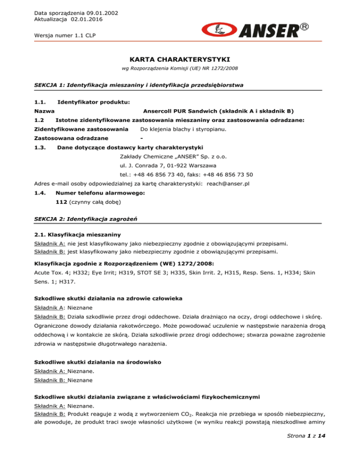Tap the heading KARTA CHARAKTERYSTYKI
(x=180, y=60)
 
